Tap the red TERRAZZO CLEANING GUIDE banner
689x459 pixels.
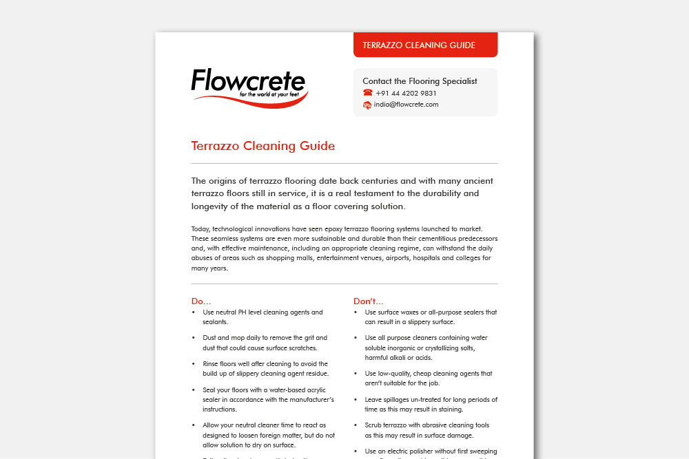click(419, 45)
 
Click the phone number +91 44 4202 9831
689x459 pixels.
click(406, 93)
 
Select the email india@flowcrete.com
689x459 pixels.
click(406, 105)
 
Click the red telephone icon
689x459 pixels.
click(367, 93)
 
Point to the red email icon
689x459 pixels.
click(367, 105)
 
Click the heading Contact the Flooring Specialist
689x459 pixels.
click(420, 81)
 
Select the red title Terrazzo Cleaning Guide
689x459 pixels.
click(263, 146)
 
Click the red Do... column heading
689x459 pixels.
click(201, 301)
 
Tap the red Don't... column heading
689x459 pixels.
click(368, 301)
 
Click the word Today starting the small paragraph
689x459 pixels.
click(200, 228)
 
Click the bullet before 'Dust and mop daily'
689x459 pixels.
click(194, 338)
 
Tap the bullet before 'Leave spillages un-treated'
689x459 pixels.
click(356, 399)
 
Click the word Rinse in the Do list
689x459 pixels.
click(212, 363)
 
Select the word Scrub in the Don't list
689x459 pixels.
click(374, 425)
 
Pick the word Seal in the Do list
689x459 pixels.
click(209, 389)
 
